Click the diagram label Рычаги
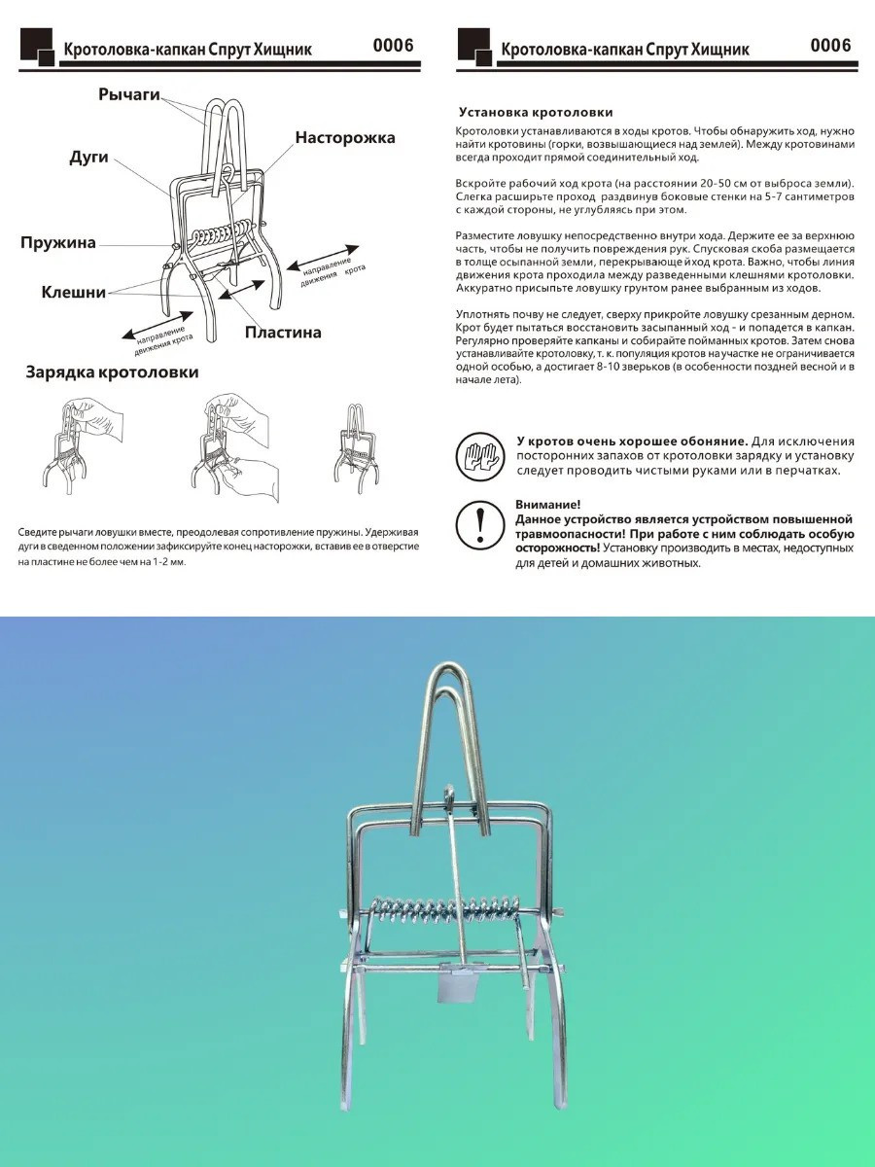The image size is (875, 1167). click(128, 94)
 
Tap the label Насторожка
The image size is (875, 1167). click(345, 138)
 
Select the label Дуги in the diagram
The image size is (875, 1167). click(88, 157)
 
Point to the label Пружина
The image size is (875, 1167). click(58, 242)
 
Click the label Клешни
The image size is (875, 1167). click(73, 292)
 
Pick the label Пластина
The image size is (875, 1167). click(282, 333)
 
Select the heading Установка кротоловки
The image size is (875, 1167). click(536, 113)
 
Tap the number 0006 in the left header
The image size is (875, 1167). click(393, 46)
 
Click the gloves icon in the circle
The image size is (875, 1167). click(479, 455)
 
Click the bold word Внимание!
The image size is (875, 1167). click(548, 505)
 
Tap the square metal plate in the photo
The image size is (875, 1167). click(455, 988)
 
